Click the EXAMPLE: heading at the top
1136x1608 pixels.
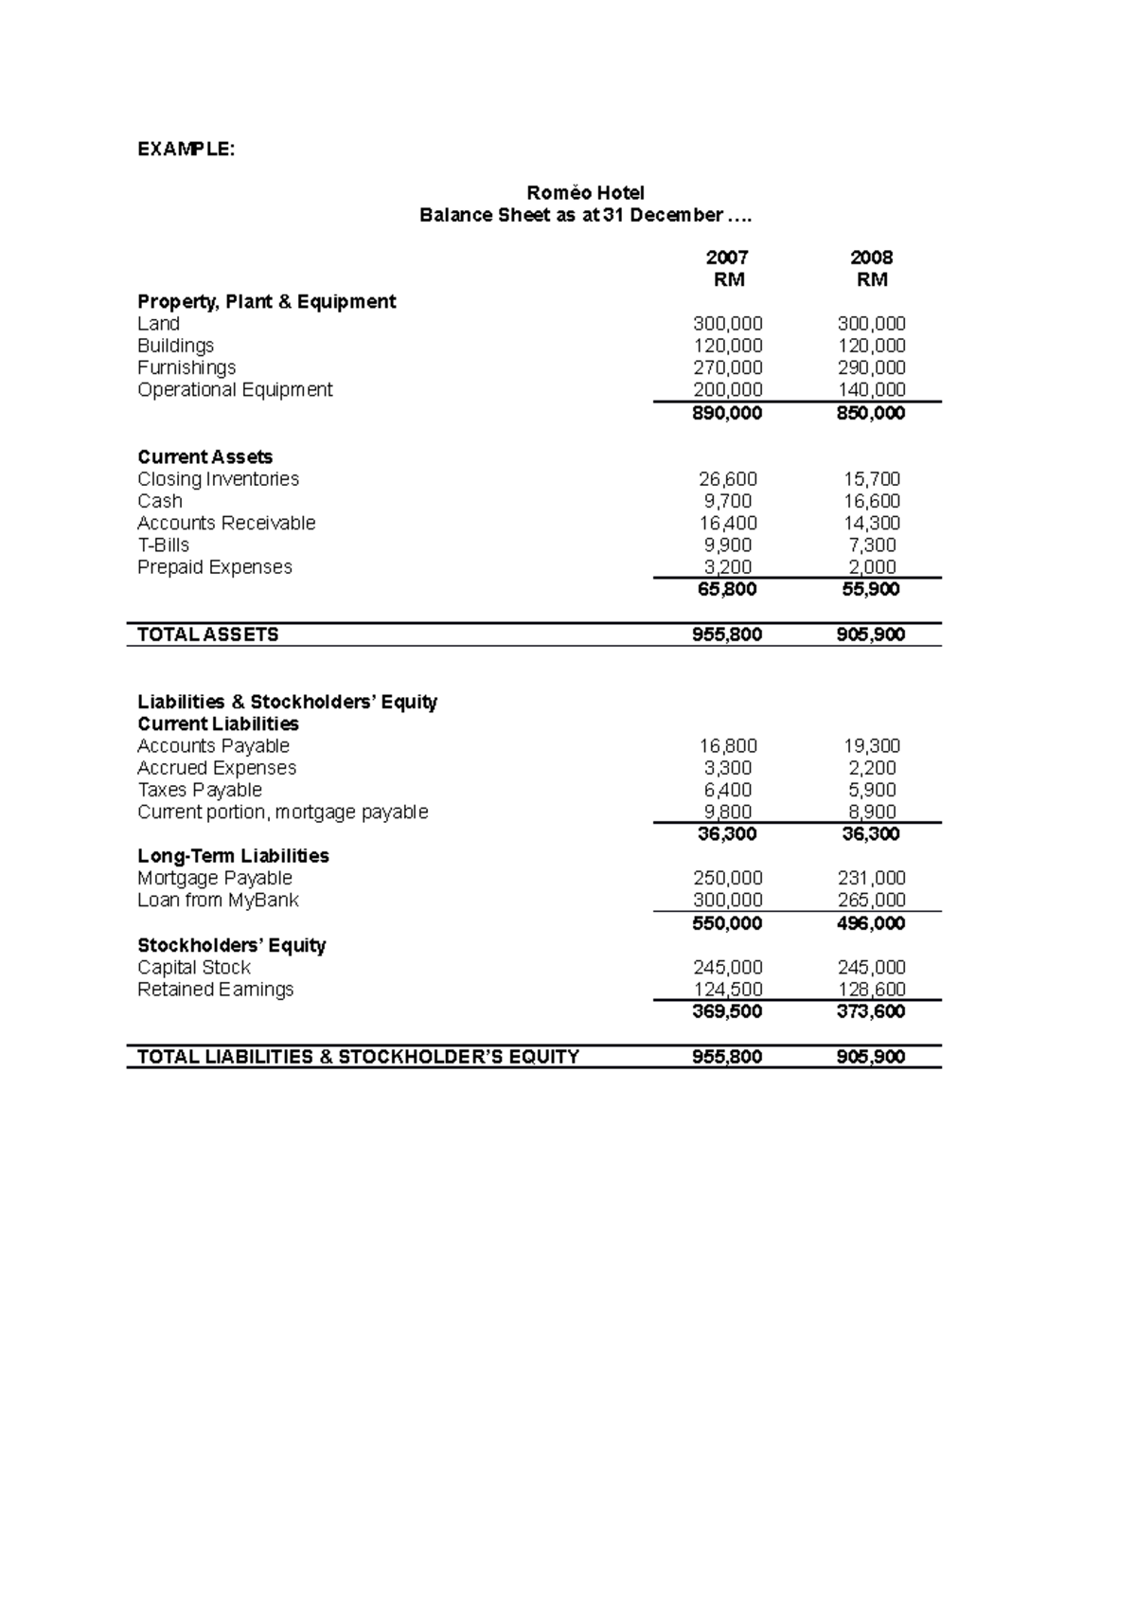click(185, 149)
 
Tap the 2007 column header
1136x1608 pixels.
click(727, 258)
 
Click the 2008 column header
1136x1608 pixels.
click(871, 258)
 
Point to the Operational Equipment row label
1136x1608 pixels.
click(235, 390)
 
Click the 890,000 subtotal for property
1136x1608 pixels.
click(727, 413)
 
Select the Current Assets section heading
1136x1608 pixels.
click(204, 456)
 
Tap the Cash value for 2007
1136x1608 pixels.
click(727, 501)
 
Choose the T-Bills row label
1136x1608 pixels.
click(163, 545)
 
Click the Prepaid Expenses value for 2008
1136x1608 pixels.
click(871, 567)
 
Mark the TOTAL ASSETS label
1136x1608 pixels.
click(207, 634)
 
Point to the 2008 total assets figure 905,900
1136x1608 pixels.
click(871, 634)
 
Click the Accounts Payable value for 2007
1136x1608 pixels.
click(727, 746)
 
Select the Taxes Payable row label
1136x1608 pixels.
click(199, 790)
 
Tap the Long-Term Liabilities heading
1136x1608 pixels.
click(233, 856)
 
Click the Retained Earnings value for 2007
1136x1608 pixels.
click(727, 990)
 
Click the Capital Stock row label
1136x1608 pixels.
click(193, 968)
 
